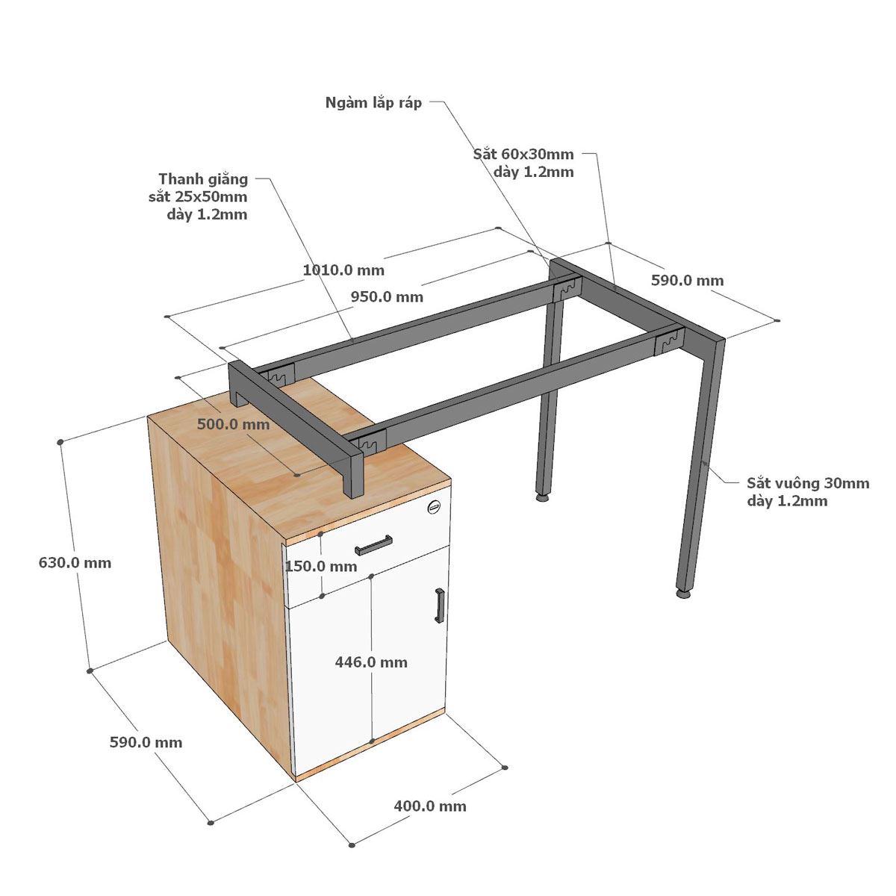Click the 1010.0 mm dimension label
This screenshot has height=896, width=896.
click(x=343, y=270)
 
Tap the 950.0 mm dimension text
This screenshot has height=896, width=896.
click(x=387, y=296)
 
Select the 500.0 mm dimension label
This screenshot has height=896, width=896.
click(x=234, y=424)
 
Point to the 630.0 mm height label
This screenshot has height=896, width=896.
click(x=75, y=563)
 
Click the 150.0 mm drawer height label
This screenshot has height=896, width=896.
click(x=321, y=566)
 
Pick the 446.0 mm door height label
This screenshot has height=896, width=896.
click(x=371, y=662)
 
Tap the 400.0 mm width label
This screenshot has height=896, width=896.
click(x=430, y=806)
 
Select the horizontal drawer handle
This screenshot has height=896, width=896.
click(x=373, y=545)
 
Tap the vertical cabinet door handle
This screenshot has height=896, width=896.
click(x=439, y=606)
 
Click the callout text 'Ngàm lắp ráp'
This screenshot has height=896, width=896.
click(x=373, y=102)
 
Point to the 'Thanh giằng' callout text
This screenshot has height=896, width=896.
click(x=203, y=179)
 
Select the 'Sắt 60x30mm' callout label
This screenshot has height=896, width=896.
click(x=523, y=154)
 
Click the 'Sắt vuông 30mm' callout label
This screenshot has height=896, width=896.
click(x=808, y=483)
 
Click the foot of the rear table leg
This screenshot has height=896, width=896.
click(x=542, y=498)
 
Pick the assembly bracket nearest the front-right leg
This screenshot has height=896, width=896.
click(x=669, y=343)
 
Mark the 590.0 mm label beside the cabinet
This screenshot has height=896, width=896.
click(x=146, y=742)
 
